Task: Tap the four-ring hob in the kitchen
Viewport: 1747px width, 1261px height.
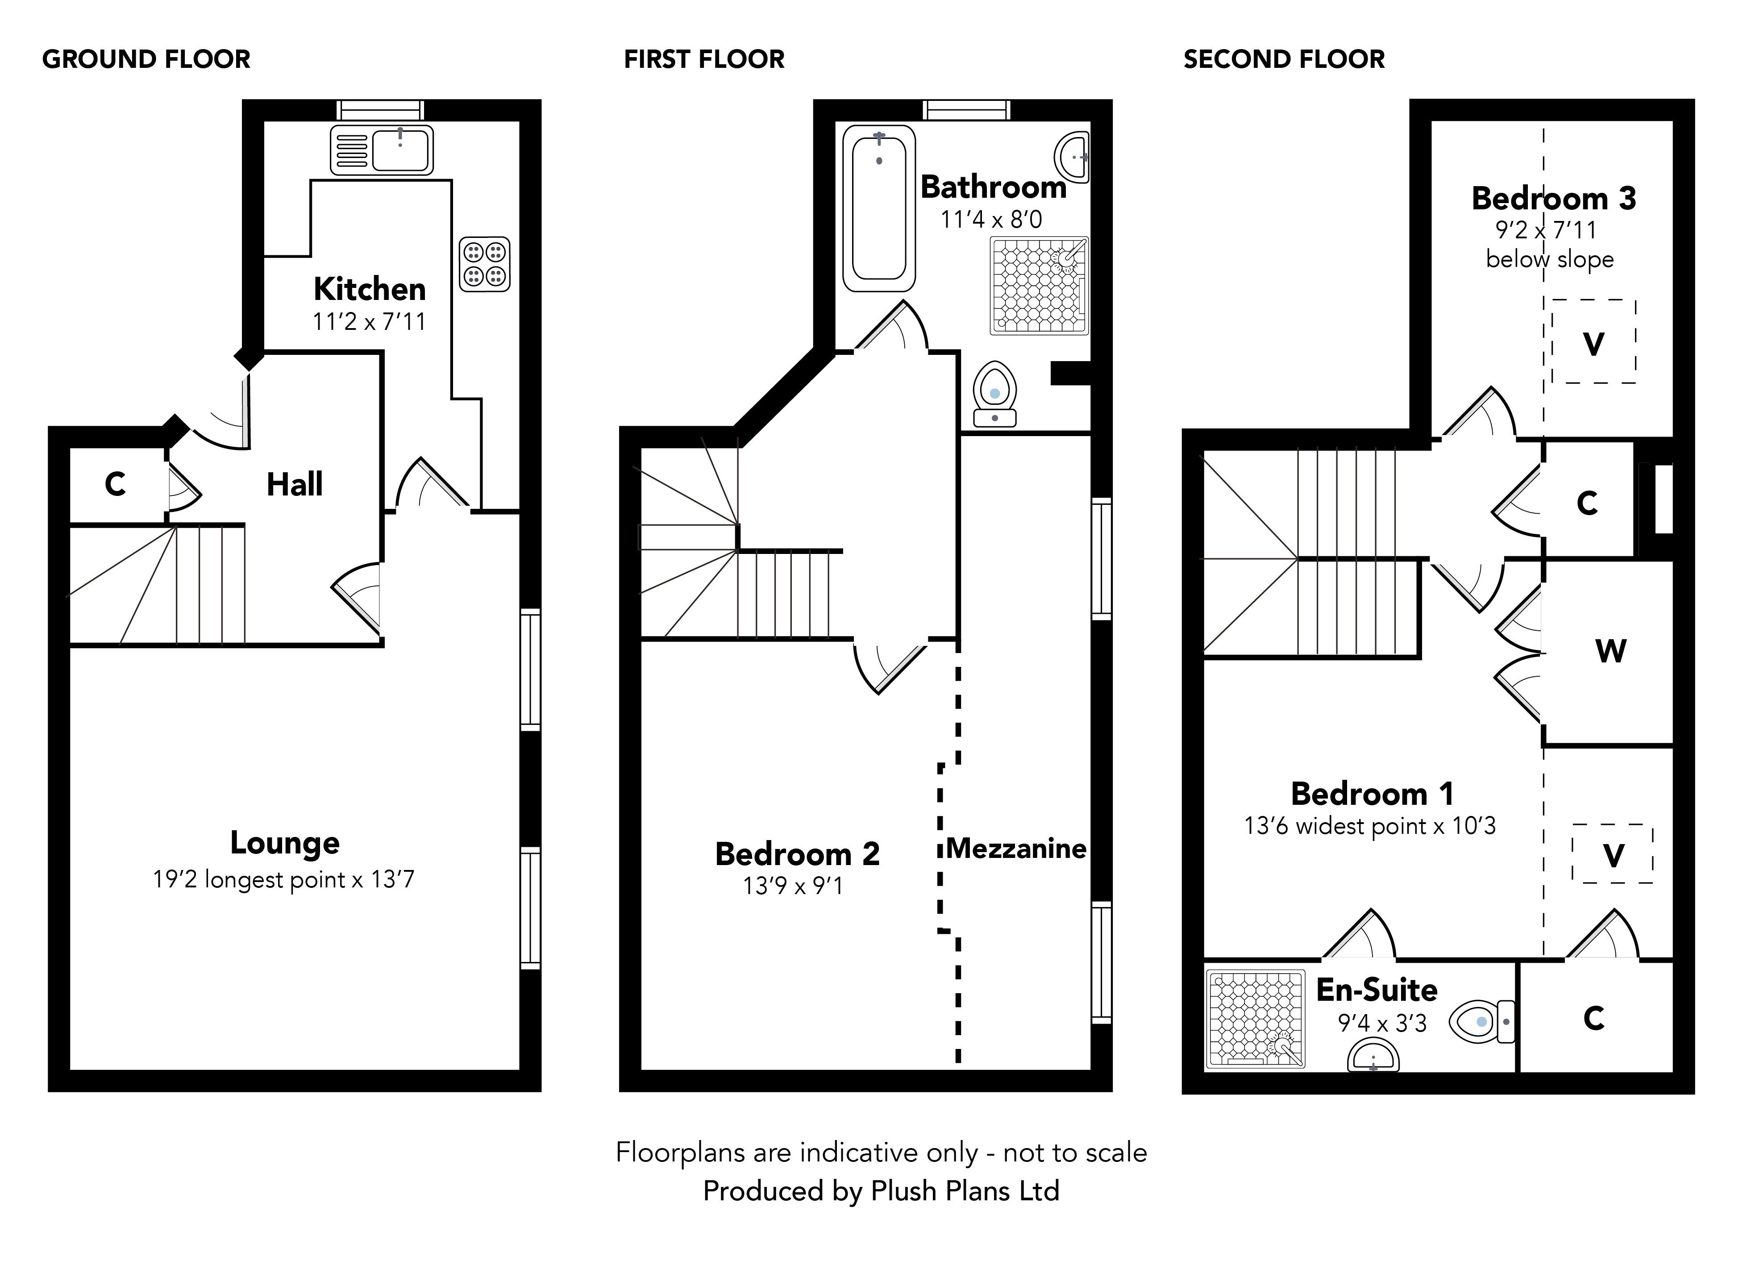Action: click(x=484, y=264)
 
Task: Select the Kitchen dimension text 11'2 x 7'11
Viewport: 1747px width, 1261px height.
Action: click(x=369, y=321)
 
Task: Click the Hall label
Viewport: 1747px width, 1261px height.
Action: click(x=294, y=484)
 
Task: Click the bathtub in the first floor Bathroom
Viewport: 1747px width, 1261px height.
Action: click(x=879, y=208)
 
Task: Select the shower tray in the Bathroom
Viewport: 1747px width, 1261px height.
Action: click(x=1039, y=286)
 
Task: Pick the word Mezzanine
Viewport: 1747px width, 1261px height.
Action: click(x=1016, y=848)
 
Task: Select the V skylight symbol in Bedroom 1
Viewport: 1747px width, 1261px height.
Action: click(x=1613, y=855)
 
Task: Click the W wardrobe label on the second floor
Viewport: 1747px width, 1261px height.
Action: click(x=1611, y=651)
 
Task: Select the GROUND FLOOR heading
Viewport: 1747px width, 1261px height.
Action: click(x=146, y=59)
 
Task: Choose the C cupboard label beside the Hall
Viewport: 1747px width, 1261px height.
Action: click(x=115, y=484)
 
